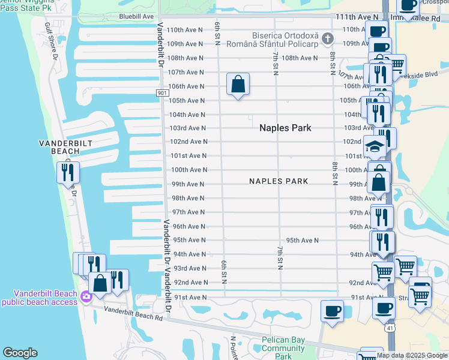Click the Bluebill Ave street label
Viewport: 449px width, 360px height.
136,16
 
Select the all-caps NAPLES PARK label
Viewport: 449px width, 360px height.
279,181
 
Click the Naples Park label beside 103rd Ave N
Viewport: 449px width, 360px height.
285,128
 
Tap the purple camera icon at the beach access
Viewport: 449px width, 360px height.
85,296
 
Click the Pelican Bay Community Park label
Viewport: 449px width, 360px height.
283,348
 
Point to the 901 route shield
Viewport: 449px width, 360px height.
162,93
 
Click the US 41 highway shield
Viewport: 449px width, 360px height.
390,328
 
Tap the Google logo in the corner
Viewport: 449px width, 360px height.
20,353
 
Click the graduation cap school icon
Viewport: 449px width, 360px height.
374,146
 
